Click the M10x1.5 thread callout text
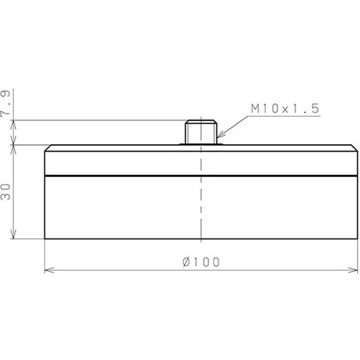point(285,108)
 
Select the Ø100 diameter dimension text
point(201,262)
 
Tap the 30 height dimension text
point(5,192)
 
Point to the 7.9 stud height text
point(5,104)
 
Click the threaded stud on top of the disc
point(201,132)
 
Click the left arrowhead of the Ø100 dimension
point(49,270)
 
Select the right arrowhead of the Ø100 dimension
point(353,270)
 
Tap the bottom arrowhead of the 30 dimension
point(13,234)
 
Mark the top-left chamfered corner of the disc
point(48,148)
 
